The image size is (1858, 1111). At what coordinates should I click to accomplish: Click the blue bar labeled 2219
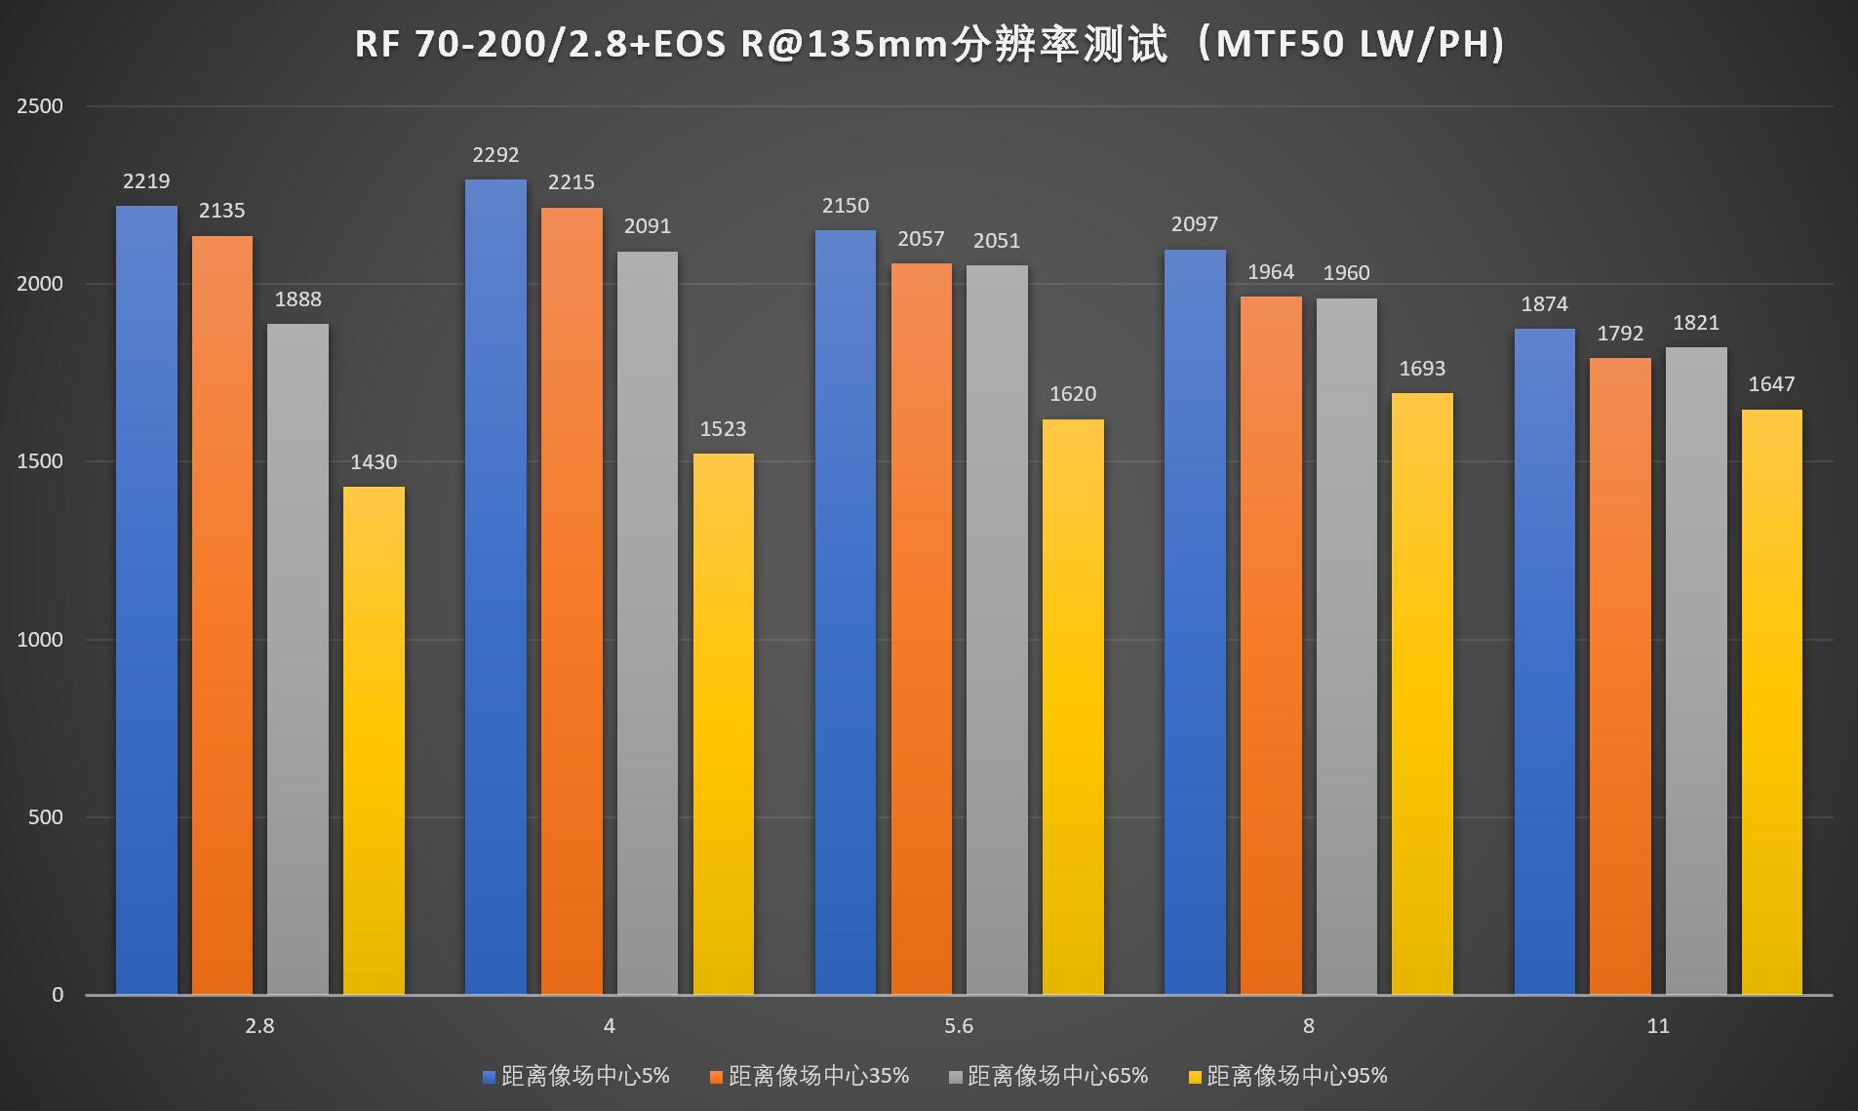coord(146,600)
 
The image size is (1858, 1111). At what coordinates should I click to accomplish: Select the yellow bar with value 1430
coord(374,741)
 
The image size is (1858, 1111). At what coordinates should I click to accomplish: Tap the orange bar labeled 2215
coord(572,601)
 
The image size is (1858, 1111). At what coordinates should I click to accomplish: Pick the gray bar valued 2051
coord(997,630)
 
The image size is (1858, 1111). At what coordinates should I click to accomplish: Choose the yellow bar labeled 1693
coord(1422,694)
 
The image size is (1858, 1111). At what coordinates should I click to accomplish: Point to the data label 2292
coord(495,155)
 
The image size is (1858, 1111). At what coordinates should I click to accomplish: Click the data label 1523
coord(723,429)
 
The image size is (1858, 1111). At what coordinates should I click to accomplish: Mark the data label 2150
coord(845,206)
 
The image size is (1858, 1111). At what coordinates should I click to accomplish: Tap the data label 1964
coord(1270,272)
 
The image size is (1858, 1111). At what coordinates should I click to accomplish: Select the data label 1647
coord(1771,384)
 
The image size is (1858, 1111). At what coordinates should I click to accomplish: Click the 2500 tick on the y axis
coord(40,106)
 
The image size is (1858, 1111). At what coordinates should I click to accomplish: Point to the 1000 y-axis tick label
coord(40,640)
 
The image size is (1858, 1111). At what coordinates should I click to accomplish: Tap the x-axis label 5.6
coord(959,1026)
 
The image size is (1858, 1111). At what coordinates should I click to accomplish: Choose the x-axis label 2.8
coord(259,1026)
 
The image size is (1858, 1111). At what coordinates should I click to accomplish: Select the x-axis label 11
coord(1658,1026)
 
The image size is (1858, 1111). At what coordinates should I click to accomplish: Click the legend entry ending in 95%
coord(1296,1076)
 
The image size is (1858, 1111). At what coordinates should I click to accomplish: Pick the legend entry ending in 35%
coord(818,1076)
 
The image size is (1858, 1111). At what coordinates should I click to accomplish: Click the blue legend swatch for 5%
coord(490,1077)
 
